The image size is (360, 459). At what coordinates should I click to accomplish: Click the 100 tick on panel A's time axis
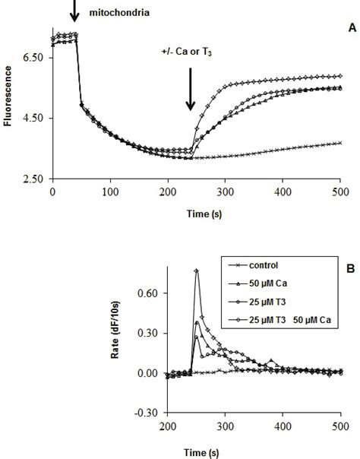click(x=109, y=193)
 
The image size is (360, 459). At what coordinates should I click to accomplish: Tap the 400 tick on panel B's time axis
click(x=286, y=426)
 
